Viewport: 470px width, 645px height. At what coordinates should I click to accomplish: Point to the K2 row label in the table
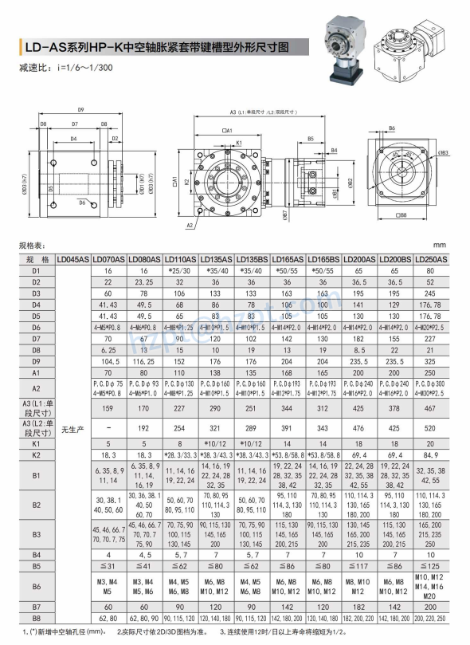tap(36, 454)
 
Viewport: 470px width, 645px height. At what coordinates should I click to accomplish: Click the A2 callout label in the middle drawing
tap(190, 226)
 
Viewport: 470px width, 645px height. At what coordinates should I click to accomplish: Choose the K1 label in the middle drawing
tap(239, 144)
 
